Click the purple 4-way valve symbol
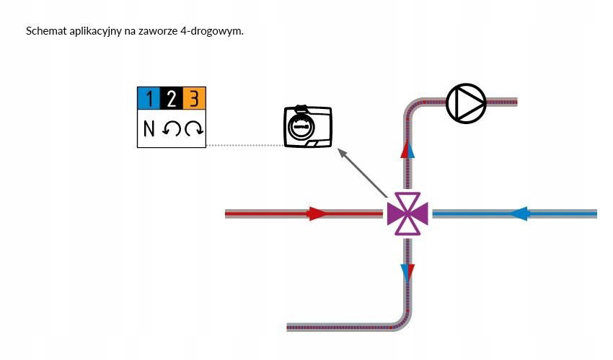407,214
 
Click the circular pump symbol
466,102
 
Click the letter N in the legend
149,129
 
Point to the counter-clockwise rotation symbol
172,129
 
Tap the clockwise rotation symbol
194,129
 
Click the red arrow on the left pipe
317,214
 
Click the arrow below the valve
407,273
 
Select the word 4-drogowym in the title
219,32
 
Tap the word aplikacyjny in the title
94,32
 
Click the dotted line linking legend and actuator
245,145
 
